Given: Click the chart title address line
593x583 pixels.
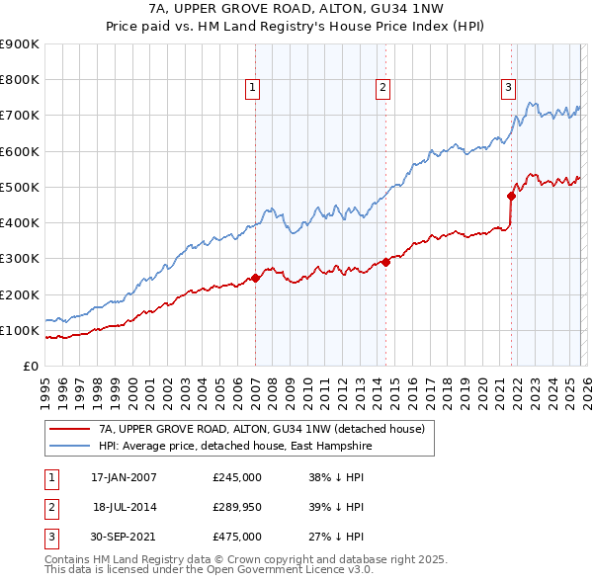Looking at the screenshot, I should tap(296, 9).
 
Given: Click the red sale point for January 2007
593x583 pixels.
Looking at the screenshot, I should tap(255, 278).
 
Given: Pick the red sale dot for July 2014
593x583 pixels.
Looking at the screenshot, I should tap(385, 262).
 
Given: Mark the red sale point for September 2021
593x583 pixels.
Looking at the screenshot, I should tap(512, 195).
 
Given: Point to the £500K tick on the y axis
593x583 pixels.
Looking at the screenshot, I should tap(20, 187).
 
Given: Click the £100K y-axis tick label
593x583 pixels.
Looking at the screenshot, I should tap(20, 330).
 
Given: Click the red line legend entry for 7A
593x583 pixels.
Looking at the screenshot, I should tap(261, 429).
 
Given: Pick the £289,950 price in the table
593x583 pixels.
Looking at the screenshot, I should tap(237, 507).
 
